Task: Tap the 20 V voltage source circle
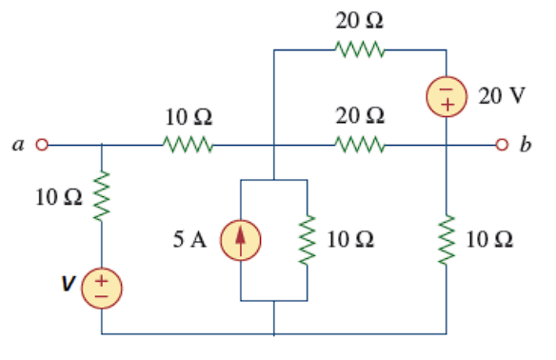[x=446, y=95]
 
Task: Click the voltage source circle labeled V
[x=101, y=286]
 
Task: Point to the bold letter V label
[x=68, y=283]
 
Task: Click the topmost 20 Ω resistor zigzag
[x=361, y=50]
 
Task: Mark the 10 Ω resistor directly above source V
[x=101, y=197]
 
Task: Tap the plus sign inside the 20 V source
[x=446, y=104]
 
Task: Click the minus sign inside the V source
[x=101, y=294]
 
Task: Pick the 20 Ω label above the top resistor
[x=361, y=20]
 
